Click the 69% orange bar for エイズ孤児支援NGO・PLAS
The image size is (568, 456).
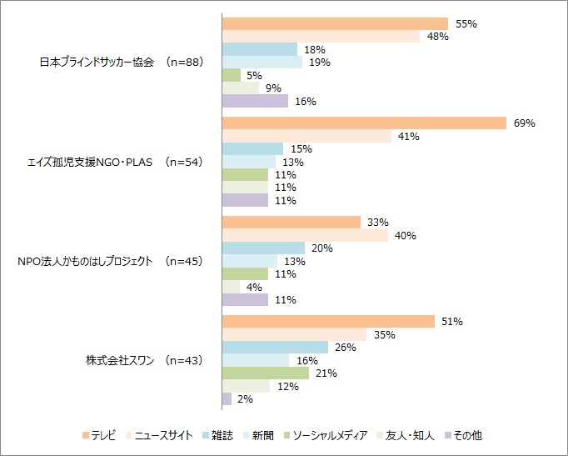(364, 123)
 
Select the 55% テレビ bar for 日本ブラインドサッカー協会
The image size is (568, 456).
(335, 24)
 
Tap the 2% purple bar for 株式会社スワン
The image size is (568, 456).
(227, 399)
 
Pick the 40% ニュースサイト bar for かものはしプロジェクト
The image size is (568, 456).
(305, 236)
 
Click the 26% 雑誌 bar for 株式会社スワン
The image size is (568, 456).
(275, 348)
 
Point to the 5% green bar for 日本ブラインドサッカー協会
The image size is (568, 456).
(231, 75)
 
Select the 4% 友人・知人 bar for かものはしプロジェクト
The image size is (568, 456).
(231, 287)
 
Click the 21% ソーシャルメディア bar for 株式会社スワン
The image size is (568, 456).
(265, 373)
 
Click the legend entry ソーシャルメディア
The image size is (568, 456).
(323, 434)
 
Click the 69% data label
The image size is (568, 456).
(524, 123)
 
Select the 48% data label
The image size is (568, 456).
(438, 37)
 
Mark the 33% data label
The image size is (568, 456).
(378, 223)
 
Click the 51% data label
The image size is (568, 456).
(452, 322)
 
